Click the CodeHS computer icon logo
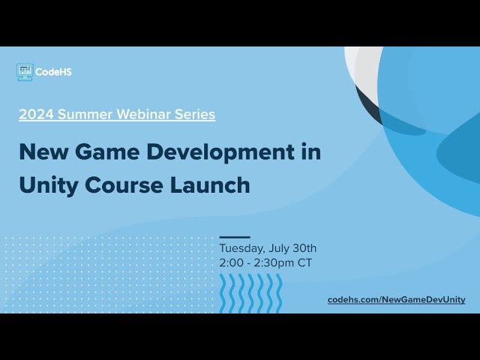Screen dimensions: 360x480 pos(25,72)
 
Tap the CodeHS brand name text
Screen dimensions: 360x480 pos(54,72)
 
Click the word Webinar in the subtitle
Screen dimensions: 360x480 pos(136,115)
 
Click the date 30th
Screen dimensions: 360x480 pos(304,248)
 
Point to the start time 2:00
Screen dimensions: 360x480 pos(232,263)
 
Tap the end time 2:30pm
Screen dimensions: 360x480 pos(277,263)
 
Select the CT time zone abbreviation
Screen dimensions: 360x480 pos(304,263)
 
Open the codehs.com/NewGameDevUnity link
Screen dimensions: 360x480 pos(396,299)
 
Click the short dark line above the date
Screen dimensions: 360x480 pos(235,237)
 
